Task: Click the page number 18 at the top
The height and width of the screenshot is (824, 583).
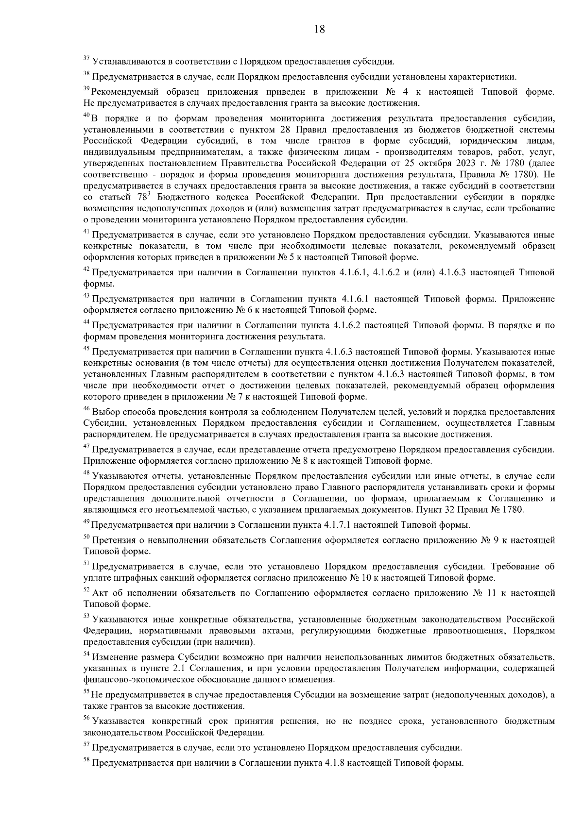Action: (x=319, y=29)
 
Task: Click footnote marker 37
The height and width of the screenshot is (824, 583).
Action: (x=86, y=59)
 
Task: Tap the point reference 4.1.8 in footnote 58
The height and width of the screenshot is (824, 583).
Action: (x=333, y=763)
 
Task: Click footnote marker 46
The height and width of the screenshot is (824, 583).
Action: (x=86, y=410)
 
